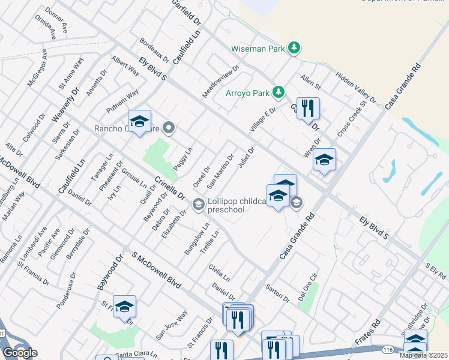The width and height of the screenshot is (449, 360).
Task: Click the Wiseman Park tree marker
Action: click(294, 47)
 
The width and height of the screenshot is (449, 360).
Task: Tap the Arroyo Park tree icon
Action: click(278, 92)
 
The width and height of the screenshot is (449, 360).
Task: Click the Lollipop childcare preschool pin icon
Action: click(198, 205)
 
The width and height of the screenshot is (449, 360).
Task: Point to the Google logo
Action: click(19, 353)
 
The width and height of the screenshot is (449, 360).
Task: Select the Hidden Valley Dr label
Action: click(355, 88)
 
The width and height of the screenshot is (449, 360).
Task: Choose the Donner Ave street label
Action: click(56, 20)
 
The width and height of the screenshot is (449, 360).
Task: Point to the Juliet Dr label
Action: click(247, 158)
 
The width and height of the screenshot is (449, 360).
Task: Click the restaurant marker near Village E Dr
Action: click(308, 109)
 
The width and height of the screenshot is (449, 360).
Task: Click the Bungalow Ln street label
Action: click(197, 239)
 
